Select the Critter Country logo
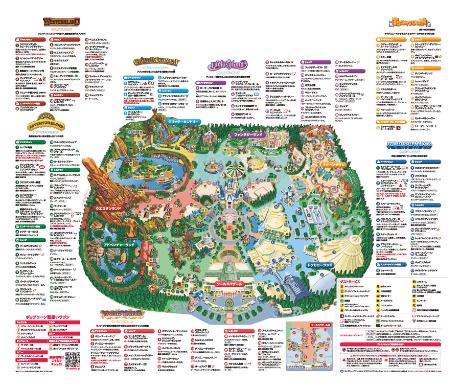(x=157, y=61)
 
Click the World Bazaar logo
(x=121, y=313)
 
